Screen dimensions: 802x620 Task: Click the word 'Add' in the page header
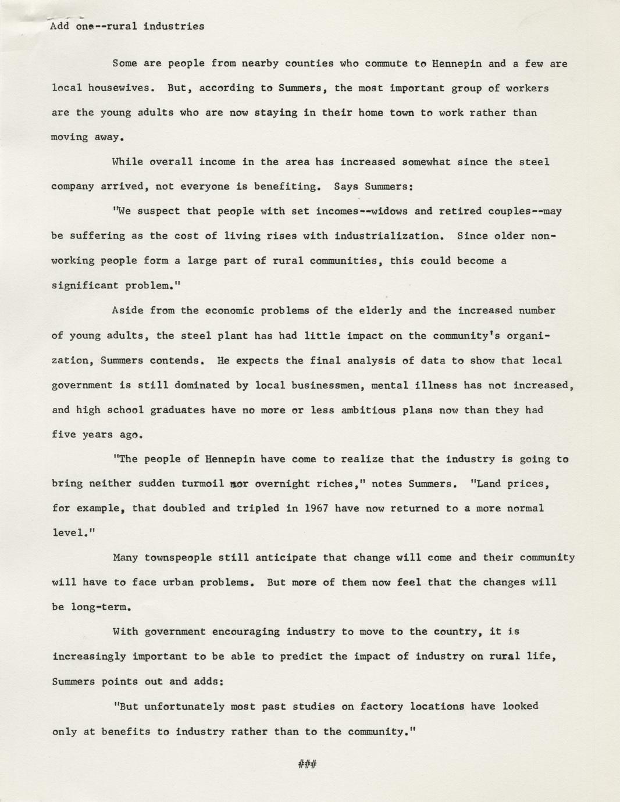coord(60,26)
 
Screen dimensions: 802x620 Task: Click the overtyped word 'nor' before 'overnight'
coord(240,484)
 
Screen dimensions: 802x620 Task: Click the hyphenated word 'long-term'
coord(96,607)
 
